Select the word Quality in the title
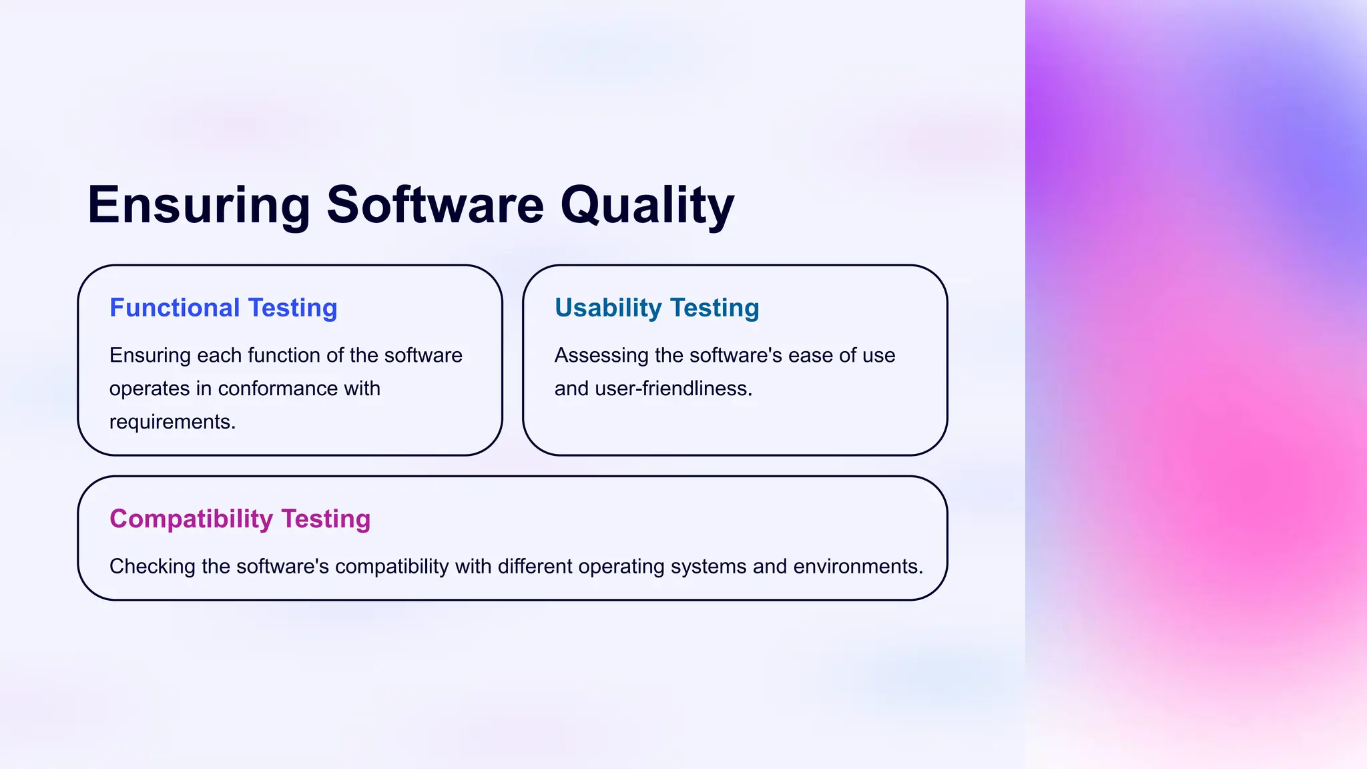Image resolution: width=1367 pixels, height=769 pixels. [647, 206]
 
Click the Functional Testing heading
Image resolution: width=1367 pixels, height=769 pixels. [223, 308]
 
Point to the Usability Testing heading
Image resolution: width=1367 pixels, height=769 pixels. [657, 308]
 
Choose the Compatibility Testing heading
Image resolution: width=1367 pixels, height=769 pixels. [240, 519]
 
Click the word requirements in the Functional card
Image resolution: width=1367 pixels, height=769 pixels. [172, 422]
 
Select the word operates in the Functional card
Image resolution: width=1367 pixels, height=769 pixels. [150, 389]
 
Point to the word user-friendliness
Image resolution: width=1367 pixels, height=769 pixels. [673, 389]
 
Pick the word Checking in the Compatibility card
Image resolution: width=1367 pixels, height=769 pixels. [152, 566]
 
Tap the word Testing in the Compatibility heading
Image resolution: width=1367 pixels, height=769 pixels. [326, 519]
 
